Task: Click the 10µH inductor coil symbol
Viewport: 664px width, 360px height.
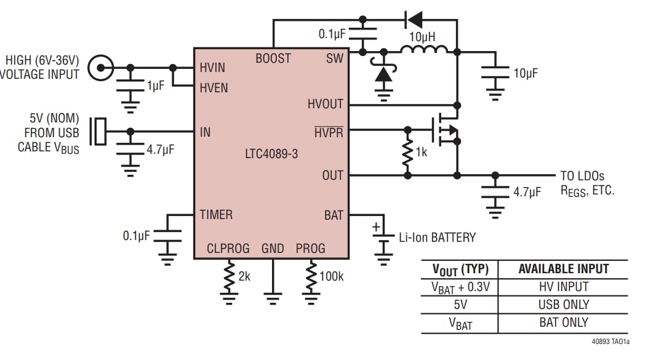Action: (x=424, y=49)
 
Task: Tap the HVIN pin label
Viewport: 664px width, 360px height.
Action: (x=212, y=67)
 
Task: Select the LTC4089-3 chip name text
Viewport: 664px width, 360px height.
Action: (x=271, y=153)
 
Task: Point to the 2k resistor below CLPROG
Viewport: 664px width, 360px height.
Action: (x=229, y=276)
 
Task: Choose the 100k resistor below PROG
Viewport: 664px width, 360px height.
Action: (x=311, y=276)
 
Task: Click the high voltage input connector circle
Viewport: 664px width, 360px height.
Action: (x=101, y=67)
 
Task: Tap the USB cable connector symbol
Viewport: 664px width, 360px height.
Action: (x=98, y=132)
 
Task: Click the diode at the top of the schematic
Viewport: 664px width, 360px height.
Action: (x=414, y=20)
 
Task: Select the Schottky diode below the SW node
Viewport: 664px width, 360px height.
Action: (x=383, y=73)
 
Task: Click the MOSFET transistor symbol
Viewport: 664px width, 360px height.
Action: (x=446, y=129)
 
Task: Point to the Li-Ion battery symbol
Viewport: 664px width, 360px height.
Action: (x=383, y=237)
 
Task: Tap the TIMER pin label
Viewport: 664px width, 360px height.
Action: (x=216, y=215)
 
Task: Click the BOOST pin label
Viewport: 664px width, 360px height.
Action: (x=273, y=58)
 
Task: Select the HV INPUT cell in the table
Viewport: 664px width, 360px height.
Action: (x=564, y=287)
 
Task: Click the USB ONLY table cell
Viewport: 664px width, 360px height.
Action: (x=564, y=305)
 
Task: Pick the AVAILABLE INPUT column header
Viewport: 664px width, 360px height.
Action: (x=564, y=269)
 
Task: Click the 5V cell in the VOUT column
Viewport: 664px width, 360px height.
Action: (x=460, y=305)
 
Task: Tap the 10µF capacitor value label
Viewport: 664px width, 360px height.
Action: (x=526, y=73)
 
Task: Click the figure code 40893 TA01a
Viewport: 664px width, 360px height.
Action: (x=610, y=342)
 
